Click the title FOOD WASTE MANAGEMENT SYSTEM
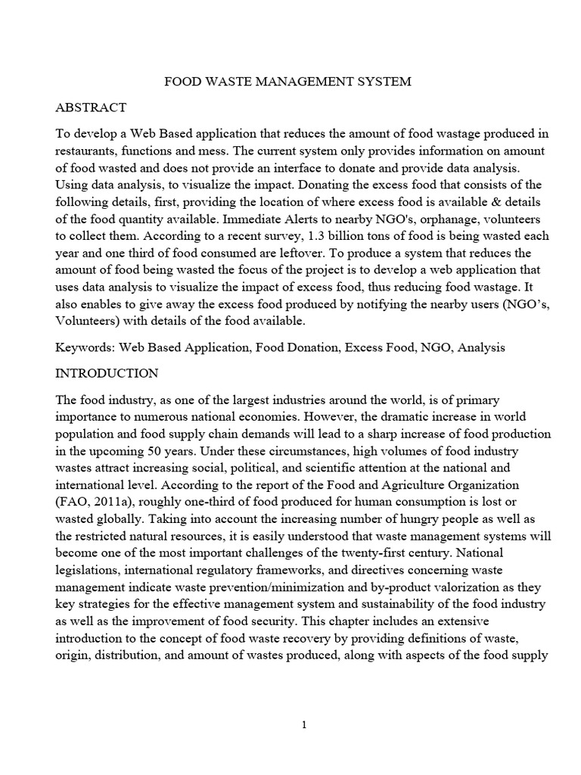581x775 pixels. [x=288, y=82]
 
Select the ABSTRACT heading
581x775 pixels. [x=91, y=107]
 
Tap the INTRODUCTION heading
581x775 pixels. [x=107, y=373]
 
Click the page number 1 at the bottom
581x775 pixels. [x=304, y=724]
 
